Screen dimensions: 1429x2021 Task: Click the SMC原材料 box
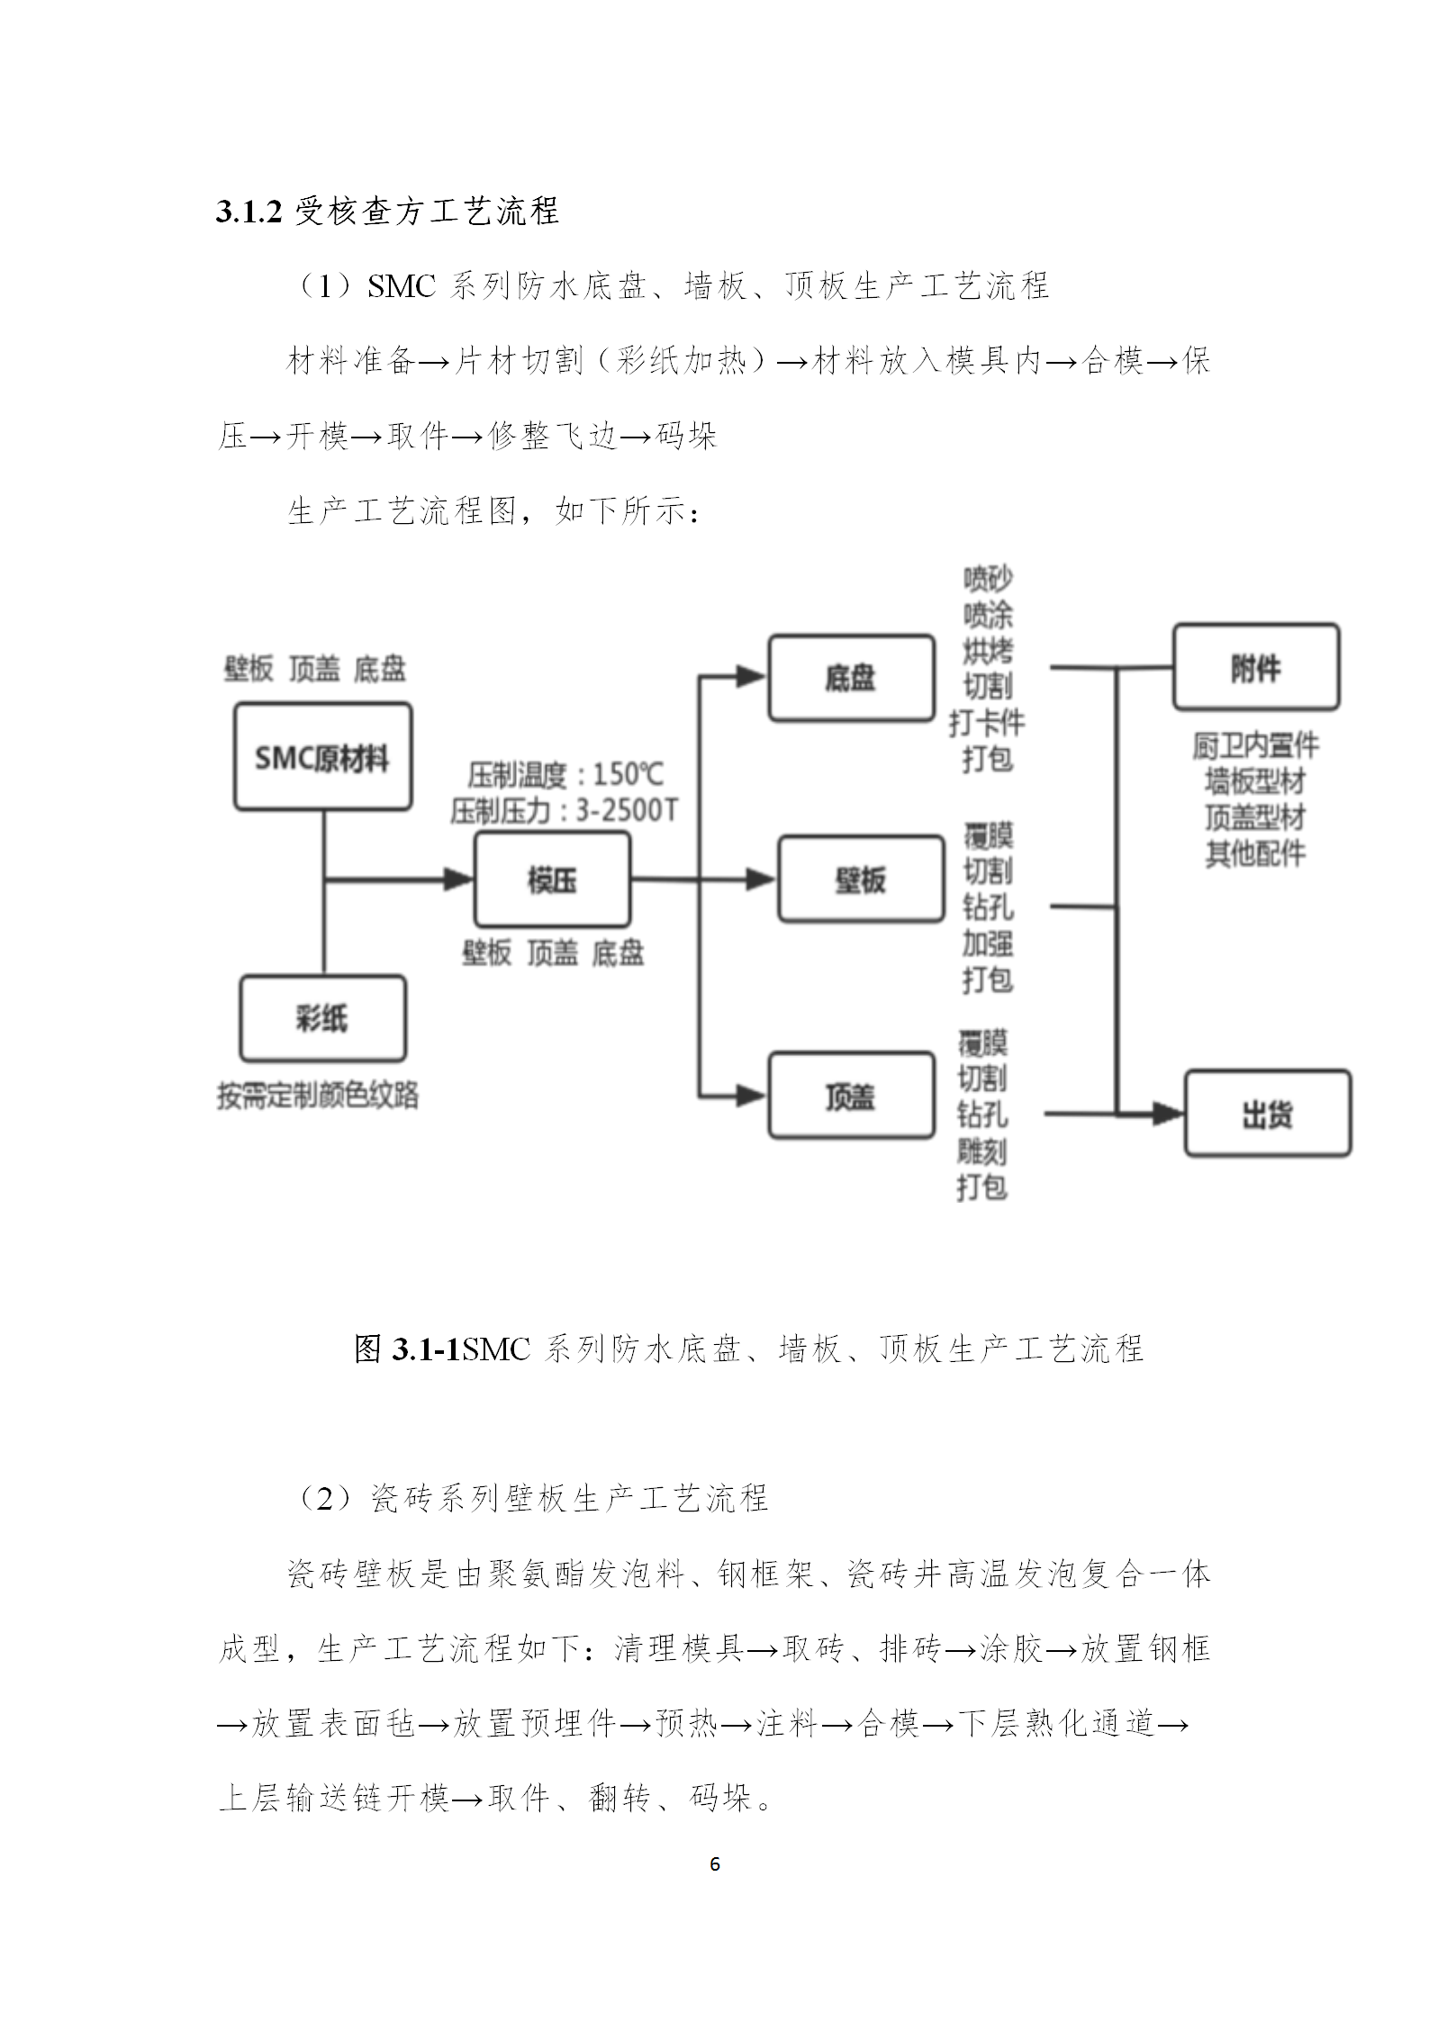322,757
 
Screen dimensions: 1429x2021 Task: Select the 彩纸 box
322,1019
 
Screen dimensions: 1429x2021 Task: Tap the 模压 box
552,880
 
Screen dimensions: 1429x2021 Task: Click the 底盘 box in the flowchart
851,678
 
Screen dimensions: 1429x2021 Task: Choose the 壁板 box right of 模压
861,880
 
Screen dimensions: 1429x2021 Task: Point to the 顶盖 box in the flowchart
851,1096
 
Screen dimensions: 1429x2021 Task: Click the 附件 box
1255,667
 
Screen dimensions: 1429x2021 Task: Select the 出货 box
1267,1114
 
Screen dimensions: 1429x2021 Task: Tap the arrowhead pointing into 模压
460,880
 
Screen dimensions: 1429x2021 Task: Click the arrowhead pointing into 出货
1169,1114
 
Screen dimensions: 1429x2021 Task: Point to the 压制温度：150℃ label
565,774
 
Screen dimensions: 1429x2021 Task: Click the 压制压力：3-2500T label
565,811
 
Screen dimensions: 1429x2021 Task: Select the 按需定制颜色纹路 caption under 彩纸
318,1095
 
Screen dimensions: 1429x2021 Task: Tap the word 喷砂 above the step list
988,578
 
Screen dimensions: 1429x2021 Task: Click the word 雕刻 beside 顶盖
981,1151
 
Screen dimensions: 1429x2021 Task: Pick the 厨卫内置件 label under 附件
1255,744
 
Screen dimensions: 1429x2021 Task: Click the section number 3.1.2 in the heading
249,212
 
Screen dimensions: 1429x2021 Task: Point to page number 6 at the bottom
715,1863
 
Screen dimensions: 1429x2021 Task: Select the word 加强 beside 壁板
988,943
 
